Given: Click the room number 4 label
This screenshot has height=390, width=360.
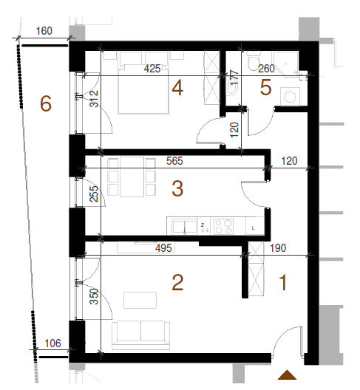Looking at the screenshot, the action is click(177, 89).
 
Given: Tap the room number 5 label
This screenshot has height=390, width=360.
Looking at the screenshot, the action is click(265, 88).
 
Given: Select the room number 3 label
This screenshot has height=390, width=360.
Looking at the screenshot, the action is click(177, 188).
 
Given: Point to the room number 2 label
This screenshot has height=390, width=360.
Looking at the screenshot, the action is click(177, 283).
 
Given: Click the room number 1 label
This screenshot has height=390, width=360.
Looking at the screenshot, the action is click(283, 283).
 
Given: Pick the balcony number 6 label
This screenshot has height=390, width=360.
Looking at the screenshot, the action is click(46, 103).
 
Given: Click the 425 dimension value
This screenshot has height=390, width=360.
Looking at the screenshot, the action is click(152, 69).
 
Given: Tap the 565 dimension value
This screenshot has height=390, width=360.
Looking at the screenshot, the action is click(174, 161).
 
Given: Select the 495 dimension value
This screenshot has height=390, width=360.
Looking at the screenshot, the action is click(163, 248).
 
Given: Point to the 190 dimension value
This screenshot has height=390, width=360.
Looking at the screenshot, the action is click(278, 248).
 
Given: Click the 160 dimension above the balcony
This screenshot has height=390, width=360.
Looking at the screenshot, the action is click(44, 31).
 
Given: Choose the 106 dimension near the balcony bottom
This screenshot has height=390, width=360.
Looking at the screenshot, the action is click(52, 343).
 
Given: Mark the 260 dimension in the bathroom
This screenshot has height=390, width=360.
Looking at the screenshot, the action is click(266, 69).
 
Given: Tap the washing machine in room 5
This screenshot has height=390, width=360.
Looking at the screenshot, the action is click(290, 97).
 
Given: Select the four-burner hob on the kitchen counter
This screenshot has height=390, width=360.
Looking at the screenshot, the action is click(223, 226).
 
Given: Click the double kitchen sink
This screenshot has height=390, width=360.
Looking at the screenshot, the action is click(185, 227).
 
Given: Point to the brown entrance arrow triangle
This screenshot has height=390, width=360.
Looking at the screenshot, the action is click(288, 374).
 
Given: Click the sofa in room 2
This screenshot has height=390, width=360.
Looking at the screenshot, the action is click(141, 335).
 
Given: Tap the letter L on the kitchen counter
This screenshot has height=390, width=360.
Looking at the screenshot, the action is click(254, 228).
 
